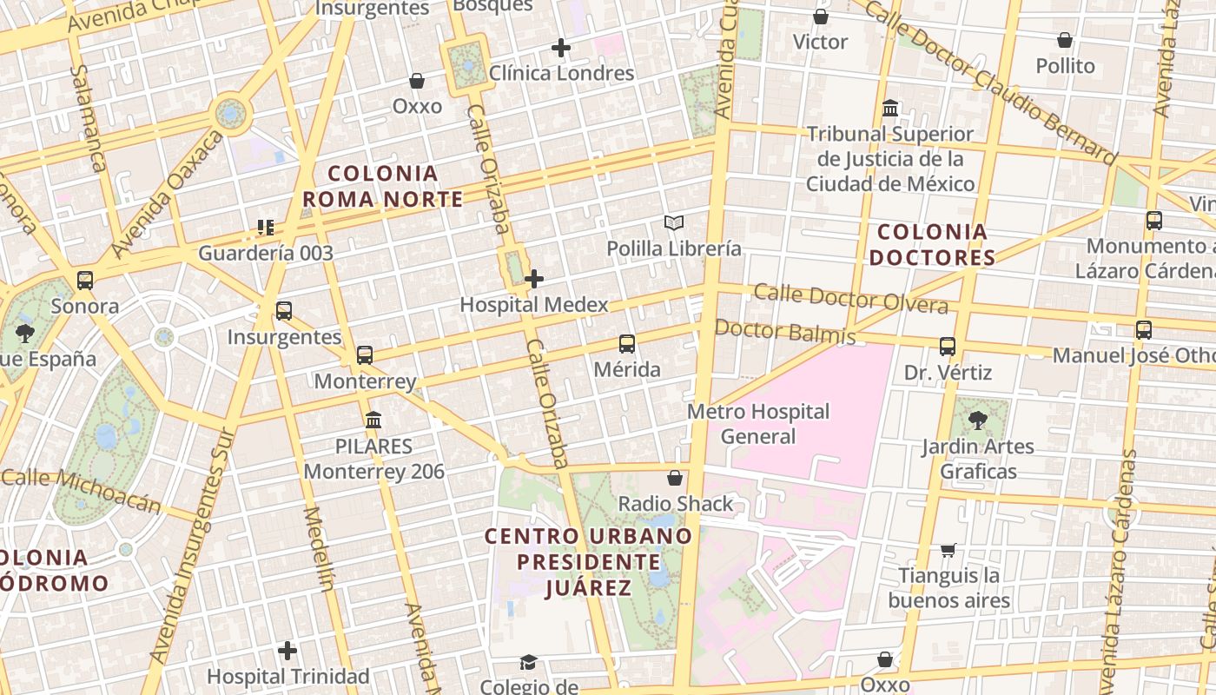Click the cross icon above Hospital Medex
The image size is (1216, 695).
coord(534,279)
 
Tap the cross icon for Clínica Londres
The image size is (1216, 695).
coord(561,48)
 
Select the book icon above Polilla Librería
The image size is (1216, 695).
coord(674,223)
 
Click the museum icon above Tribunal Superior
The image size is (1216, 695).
coord(890,109)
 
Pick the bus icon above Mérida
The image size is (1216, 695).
coord(627,344)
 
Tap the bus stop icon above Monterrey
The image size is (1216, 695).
coord(365,355)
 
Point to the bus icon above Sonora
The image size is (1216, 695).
coord(84,281)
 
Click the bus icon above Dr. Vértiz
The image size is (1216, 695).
coord(948,347)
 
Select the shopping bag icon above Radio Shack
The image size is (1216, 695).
coord(675,478)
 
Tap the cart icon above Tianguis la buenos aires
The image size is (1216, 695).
coord(948,550)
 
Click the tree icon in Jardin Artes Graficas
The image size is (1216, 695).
coord(978,420)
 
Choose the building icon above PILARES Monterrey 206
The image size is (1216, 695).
coord(373,420)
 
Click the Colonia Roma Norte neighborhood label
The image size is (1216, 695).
coord(382,186)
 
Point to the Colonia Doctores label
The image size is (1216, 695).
coord(932,245)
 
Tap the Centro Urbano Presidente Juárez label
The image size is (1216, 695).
coord(588,562)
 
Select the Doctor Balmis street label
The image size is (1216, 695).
coord(784,331)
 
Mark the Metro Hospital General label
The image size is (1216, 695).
coord(758,424)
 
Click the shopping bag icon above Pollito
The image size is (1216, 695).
coord(1065,40)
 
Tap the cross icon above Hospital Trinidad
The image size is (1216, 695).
coord(287,650)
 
